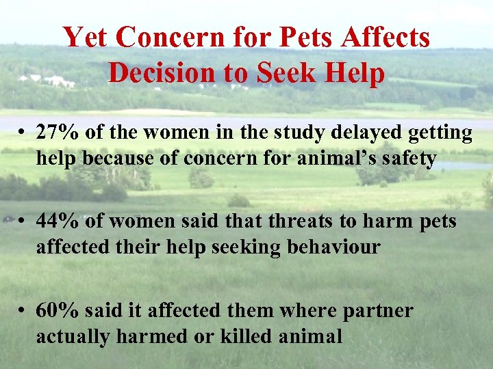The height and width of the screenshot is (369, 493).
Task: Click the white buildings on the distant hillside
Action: point(51,81)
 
